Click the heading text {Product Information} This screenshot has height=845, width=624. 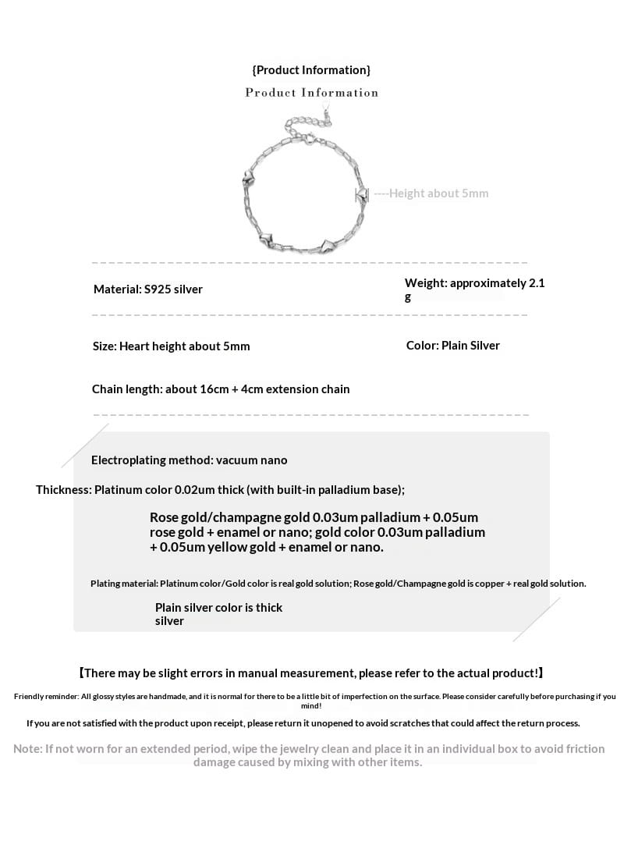tap(311, 70)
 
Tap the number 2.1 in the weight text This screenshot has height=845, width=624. tap(537, 283)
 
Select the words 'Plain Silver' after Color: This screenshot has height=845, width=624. tap(470, 346)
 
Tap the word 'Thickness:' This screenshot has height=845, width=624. tap(63, 490)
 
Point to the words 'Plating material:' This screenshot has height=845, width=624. tap(124, 584)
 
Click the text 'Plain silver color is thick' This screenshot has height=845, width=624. tap(218, 608)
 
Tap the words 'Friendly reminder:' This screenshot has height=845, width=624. tap(46, 696)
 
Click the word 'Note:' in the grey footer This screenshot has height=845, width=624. tap(27, 749)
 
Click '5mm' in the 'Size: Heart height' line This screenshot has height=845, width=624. tap(236, 346)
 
